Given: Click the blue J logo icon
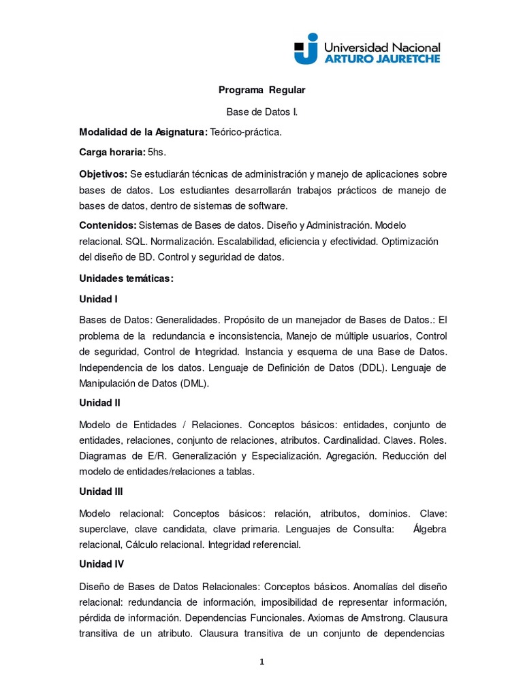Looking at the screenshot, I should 306,48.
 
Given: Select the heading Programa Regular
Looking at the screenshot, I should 261,90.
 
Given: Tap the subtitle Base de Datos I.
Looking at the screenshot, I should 261,111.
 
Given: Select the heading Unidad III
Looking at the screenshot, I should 101,491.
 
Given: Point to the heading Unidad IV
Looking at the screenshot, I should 101,564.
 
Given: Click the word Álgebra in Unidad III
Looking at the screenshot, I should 430,529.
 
